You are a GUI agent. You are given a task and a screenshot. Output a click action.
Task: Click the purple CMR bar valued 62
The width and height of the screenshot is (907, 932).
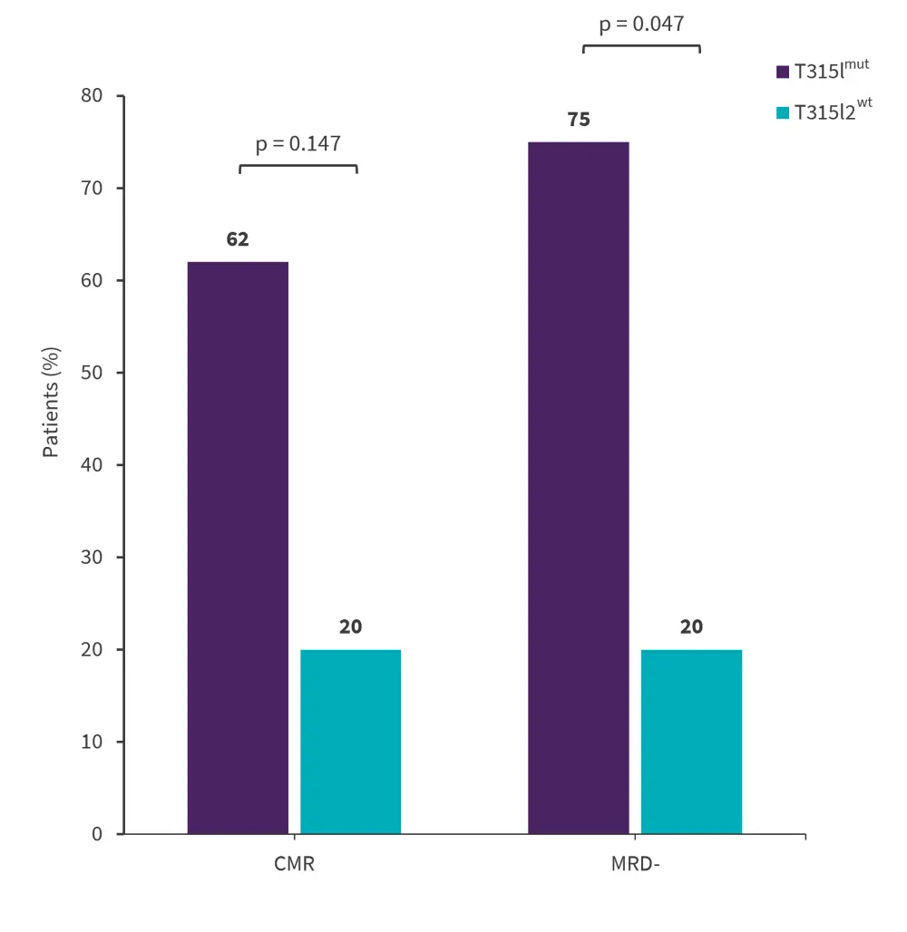click(x=238, y=548)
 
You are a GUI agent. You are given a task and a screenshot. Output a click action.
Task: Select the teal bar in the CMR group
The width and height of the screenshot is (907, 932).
click(x=350, y=742)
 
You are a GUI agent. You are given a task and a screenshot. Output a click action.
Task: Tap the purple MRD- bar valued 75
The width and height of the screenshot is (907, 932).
click(x=578, y=488)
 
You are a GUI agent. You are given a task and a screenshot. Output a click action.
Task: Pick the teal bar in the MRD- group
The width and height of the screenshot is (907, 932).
click(x=691, y=742)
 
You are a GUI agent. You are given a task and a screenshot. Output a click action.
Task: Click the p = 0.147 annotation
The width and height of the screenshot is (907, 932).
click(x=297, y=143)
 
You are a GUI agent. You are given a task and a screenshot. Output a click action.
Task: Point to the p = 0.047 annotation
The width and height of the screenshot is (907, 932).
click(x=641, y=24)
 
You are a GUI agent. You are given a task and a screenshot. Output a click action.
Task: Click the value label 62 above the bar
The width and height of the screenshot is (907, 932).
click(x=238, y=240)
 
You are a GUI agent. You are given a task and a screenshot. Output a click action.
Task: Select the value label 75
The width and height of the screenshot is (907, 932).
click(x=579, y=120)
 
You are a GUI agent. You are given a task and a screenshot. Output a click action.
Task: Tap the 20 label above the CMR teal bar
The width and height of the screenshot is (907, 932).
click(x=351, y=627)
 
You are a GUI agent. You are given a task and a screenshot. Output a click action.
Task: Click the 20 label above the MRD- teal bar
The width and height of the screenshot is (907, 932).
click(x=691, y=627)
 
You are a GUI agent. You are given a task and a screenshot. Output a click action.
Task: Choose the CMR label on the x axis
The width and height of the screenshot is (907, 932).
click(x=294, y=864)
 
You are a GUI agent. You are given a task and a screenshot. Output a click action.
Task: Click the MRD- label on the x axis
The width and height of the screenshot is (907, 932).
click(x=635, y=864)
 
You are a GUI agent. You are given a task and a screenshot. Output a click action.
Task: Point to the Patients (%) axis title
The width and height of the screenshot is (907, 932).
click(x=52, y=402)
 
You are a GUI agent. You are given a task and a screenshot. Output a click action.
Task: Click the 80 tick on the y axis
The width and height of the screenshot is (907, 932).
click(x=93, y=96)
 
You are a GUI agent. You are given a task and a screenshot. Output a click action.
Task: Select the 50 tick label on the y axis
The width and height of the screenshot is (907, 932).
click(x=93, y=373)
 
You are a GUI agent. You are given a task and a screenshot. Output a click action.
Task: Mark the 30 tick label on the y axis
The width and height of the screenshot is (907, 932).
click(x=93, y=558)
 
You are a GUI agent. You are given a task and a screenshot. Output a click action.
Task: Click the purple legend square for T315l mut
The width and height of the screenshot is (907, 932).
click(x=783, y=72)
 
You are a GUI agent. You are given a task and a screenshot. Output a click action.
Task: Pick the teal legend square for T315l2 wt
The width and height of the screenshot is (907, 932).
click(x=783, y=113)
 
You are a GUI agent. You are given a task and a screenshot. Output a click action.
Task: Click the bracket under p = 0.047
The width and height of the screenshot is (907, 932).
click(x=641, y=44)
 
